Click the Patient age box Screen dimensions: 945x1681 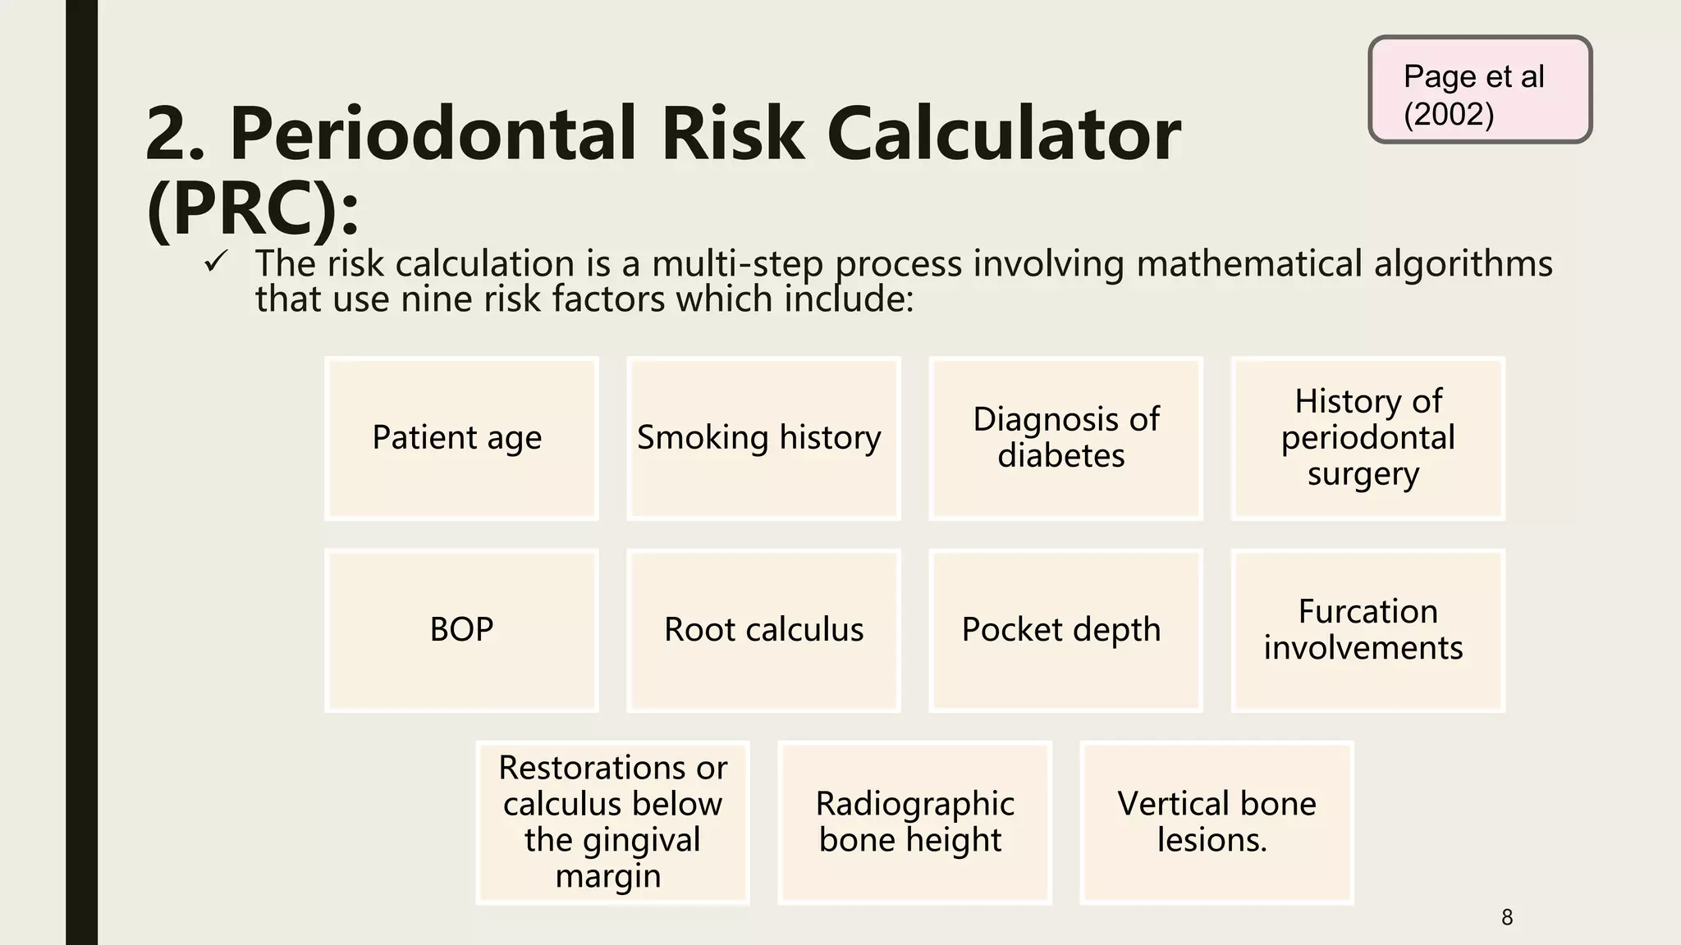pos(461,438)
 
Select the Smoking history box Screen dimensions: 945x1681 pos(763,438)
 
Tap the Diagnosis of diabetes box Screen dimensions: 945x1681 pos(1065,438)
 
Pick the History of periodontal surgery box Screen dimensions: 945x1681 pos(1367,438)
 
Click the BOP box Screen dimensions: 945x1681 pos(461,630)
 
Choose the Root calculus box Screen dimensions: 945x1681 pos(763,630)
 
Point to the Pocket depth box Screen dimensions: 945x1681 pos(1065,630)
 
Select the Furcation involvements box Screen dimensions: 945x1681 pos(1367,630)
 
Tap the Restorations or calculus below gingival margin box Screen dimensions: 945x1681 pos(612,822)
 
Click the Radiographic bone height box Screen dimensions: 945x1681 pos(914,822)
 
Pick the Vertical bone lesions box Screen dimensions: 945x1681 pos(1216,822)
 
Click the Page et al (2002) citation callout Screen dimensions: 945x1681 pos(1480,89)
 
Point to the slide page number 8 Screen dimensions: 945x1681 pos(1506,917)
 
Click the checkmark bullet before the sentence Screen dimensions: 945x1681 pos(216,262)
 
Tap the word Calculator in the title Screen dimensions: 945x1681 pos(1003,134)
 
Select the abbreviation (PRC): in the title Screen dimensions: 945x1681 pos(253,209)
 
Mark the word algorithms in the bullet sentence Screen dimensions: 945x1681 pos(1463,264)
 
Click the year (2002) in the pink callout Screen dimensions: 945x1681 pos(1449,114)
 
